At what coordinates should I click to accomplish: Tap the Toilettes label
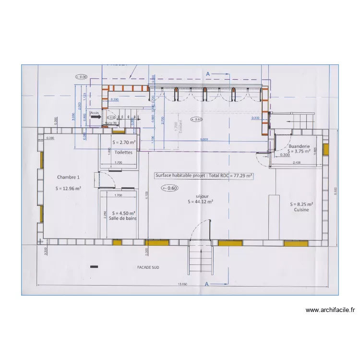click(x=123, y=152)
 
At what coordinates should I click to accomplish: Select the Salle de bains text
click(x=123, y=218)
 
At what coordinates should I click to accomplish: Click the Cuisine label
click(x=301, y=209)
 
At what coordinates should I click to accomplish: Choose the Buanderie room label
click(x=298, y=146)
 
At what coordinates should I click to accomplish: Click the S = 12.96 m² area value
click(x=68, y=189)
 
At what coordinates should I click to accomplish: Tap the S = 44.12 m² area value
click(x=201, y=202)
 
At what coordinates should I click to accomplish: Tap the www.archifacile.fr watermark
click(x=330, y=310)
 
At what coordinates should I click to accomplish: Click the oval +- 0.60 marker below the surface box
click(x=170, y=188)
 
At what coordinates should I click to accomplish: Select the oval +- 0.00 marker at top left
click(x=81, y=77)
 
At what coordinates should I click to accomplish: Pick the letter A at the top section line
click(x=208, y=73)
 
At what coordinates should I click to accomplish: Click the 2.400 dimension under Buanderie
click(x=297, y=163)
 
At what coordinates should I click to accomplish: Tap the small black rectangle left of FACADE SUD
click(x=94, y=266)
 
